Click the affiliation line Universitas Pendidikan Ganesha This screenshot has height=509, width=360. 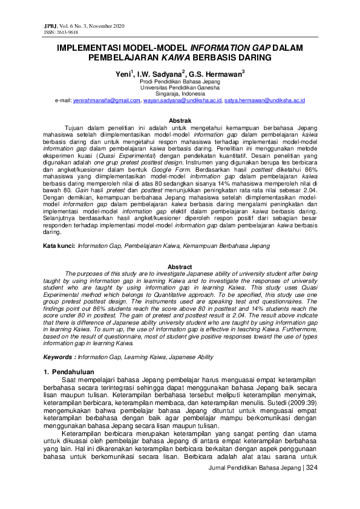pos(180,87)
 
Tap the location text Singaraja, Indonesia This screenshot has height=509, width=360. pos(180,94)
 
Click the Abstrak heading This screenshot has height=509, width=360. pos(179,121)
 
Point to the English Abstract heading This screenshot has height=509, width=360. pos(179,267)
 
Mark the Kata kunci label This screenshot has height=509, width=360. pos(59,247)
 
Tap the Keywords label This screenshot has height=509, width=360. pos(59,341)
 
